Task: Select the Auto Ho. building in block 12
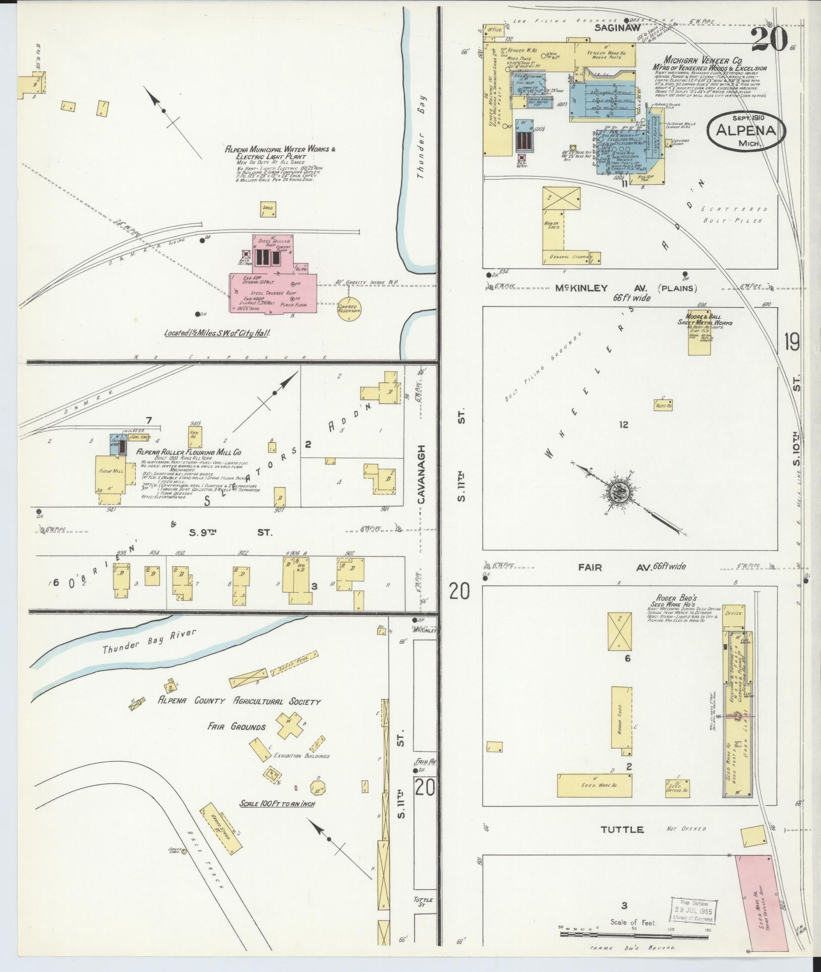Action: pyautogui.click(x=664, y=405)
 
